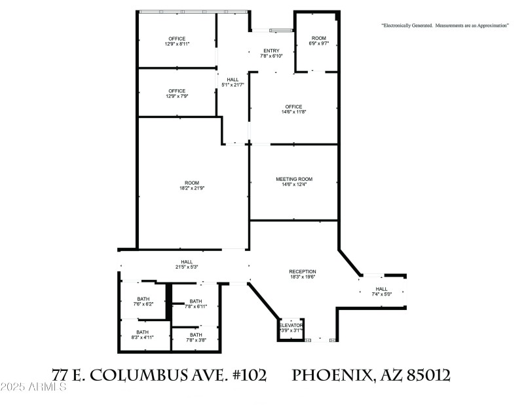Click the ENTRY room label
(271, 50)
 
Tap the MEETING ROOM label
(293, 179)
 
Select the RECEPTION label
(303, 271)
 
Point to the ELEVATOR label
(291, 325)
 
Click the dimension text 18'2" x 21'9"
(193, 189)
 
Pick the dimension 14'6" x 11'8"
(293, 113)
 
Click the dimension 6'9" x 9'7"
(318, 44)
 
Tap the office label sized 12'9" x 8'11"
(177, 39)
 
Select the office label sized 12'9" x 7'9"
(177, 91)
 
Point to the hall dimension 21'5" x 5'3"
(187, 261)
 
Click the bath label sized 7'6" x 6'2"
(143, 298)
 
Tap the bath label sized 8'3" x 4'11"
(142, 332)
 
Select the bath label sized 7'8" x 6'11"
(196, 301)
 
